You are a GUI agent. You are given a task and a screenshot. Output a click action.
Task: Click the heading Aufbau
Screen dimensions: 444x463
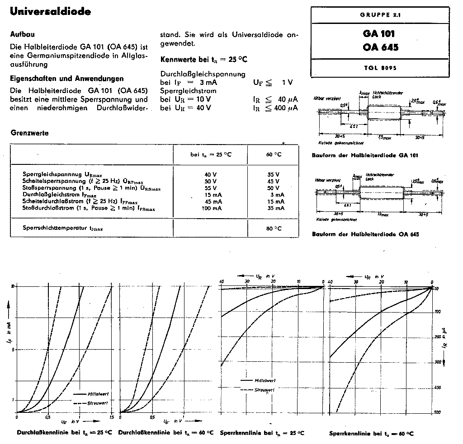click(x=23, y=34)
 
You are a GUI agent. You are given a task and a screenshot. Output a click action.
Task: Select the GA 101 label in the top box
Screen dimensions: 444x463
click(x=378, y=34)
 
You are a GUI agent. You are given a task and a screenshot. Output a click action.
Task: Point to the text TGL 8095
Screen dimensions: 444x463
click(x=379, y=68)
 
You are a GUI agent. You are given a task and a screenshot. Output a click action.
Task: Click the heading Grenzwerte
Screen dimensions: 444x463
click(x=29, y=133)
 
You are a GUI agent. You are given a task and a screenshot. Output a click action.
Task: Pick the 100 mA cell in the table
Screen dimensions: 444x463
click(x=211, y=208)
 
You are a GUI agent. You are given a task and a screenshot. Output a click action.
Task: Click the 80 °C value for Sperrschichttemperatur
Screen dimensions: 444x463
click(x=274, y=229)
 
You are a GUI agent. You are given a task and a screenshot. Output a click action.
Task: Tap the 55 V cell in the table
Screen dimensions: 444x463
click(x=211, y=187)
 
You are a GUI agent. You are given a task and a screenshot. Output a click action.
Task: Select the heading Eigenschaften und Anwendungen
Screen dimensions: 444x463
click(x=66, y=78)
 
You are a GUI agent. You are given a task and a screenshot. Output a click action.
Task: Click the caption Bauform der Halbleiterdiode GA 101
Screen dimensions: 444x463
click(x=365, y=155)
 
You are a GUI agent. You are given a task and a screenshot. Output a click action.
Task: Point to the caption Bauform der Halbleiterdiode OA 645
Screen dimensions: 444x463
click(x=365, y=234)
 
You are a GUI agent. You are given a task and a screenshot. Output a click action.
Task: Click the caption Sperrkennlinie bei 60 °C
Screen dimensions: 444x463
click(x=371, y=433)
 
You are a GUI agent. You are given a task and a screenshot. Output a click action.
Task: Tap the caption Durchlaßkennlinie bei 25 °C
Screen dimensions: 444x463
click(x=64, y=432)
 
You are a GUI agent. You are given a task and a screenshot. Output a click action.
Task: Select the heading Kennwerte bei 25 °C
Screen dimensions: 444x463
click(x=204, y=60)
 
